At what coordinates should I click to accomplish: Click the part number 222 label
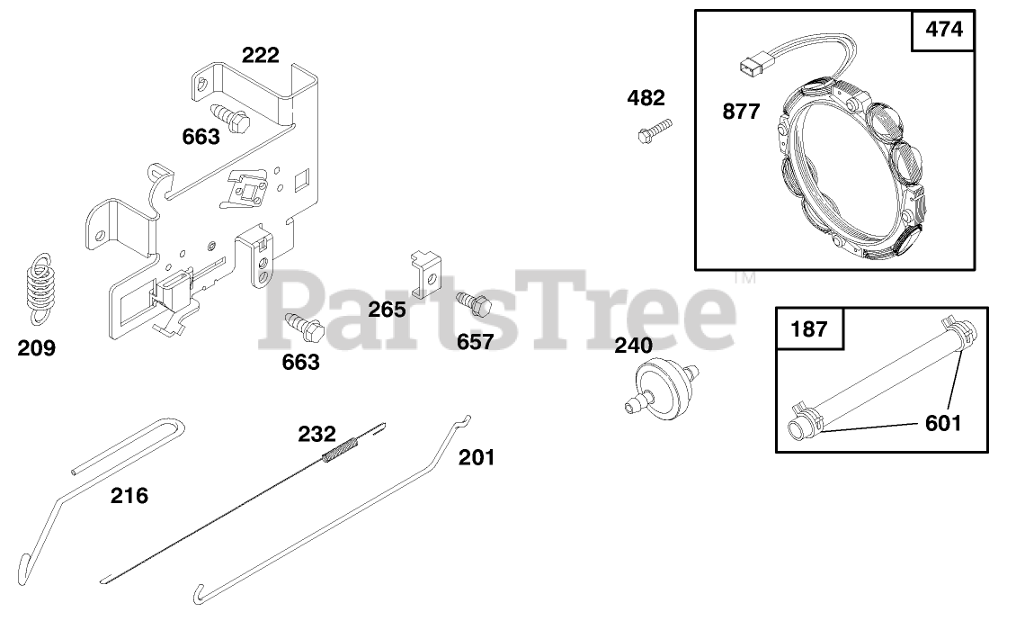[x=260, y=55]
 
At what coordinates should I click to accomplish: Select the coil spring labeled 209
[x=38, y=286]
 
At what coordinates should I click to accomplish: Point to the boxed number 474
[x=943, y=30]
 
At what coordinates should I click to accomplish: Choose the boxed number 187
[x=808, y=329]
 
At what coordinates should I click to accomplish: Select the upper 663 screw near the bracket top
[x=229, y=117]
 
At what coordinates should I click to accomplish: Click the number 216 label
[x=129, y=495]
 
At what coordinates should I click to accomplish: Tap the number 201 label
[x=477, y=457]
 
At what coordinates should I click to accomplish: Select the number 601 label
[x=942, y=422]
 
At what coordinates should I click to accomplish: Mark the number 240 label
[x=634, y=346]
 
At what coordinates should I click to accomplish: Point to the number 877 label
[x=741, y=112]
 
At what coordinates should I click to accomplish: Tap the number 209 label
[x=36, y=348]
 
